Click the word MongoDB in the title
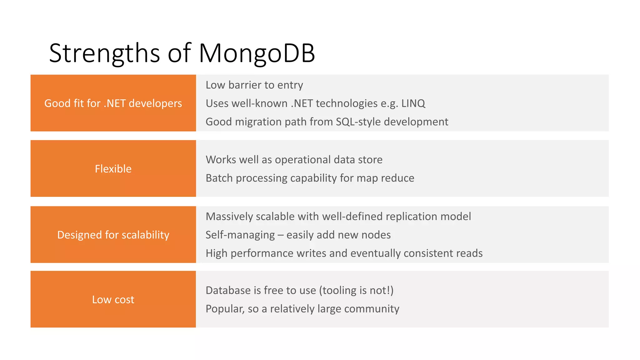(x=257, y=53)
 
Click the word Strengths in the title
(x=105, y=53)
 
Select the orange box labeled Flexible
(x=113, y=169)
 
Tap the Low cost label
(x=113, y=299)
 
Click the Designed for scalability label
(x=113, y=235)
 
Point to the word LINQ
(x=413, y=103)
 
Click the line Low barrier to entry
(x=254, y=85)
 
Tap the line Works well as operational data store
(x=294, y=160)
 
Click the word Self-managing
(x=240, y=235)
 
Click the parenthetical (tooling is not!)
(x=356, y=290)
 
